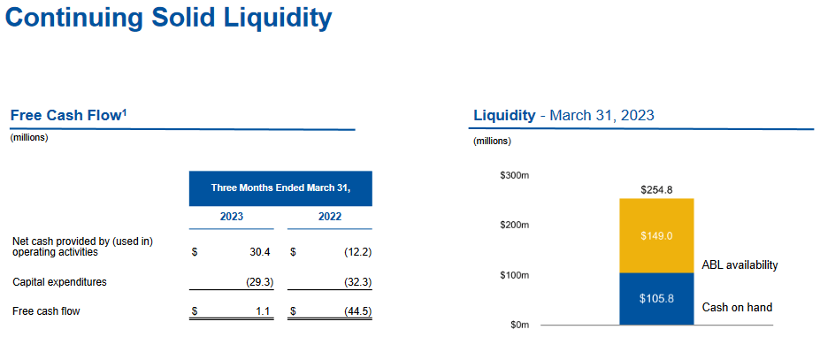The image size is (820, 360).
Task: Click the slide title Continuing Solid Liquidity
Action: pos(169,19)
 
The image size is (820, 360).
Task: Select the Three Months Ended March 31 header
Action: pos(280,188)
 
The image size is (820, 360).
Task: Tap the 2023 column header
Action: pos(232,217)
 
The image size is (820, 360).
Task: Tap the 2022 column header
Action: pos(330,217)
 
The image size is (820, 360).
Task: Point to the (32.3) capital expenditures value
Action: pos(355,282)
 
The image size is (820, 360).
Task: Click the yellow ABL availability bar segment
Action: pos(656,235)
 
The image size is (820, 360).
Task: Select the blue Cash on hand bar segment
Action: pos(656,298)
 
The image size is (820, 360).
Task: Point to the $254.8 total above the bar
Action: pos(656,189)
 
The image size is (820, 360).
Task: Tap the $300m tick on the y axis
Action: pos(515,177)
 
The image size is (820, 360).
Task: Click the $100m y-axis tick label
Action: pos(515,276)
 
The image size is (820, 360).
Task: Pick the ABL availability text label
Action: pos(740,264)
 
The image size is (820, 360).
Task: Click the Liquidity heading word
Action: pos(504,115)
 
